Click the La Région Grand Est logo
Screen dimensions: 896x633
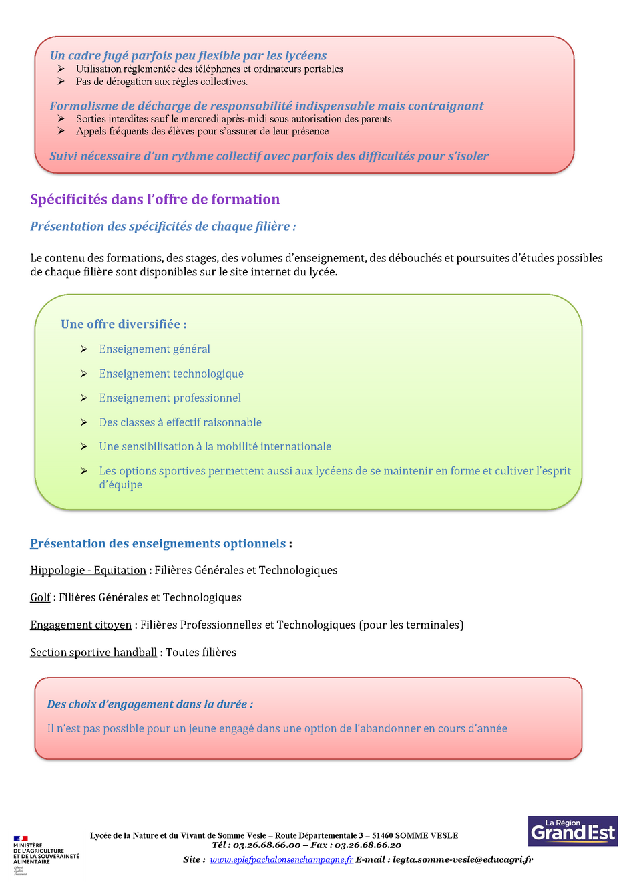(x=572, y=831)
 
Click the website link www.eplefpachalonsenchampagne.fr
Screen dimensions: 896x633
(x=281, y=859)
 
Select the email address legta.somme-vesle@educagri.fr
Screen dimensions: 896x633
(x=463, y=859)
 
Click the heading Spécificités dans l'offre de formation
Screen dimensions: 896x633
(x=155, y=199)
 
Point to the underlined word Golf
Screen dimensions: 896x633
(x=40, y=597)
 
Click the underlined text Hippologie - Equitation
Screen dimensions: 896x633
(x=88, y=570)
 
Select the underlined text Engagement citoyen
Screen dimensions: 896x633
(x=81, y=625)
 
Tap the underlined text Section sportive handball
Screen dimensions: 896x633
(x=93, y=652)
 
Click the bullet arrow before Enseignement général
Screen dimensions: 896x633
(x=84, y=349)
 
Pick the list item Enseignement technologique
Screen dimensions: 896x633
(x=171, y=374)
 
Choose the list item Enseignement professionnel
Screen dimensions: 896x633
(x=170, y=398)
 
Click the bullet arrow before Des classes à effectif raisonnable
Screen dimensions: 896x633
(x=84, y=422)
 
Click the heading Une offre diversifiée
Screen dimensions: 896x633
(x=124, y=324)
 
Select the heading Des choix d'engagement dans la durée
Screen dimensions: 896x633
(x=150, y=704)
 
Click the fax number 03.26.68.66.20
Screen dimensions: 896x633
(x=368, y=845)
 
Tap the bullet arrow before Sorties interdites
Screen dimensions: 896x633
(x=61, y=119)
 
